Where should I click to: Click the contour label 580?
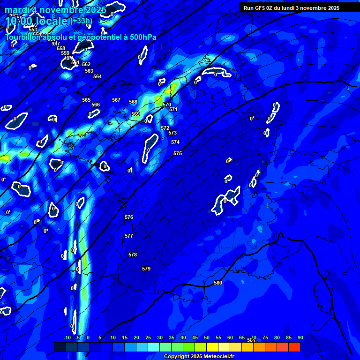point(218,283)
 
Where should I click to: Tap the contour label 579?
point(146,269)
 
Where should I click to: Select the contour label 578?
point(133,255)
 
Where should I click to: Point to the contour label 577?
point(129,236)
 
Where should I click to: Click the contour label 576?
point(129,217)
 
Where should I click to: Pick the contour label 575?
point(178,153)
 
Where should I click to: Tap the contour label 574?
point(175,142)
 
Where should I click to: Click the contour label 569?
point(135,114)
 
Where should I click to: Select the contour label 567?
point(116,100)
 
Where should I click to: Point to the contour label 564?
point(97,76)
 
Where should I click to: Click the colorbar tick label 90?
point(300,337)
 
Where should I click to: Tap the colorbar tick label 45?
point(195,337)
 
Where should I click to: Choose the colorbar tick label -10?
point(67,337)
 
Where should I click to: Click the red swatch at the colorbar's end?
point(294,347)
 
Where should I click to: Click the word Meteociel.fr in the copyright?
point(218,356)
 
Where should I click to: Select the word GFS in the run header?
point(262,8)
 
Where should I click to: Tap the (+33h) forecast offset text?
point(81,21)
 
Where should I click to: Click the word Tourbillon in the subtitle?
point(22,37)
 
